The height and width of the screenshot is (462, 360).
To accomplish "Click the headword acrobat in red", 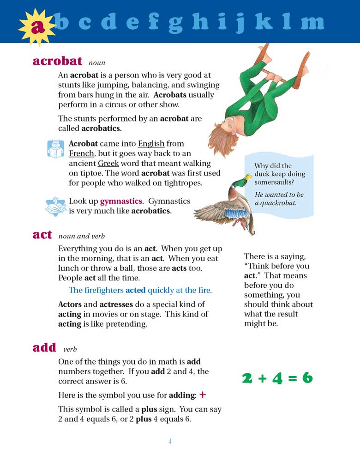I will coord(57,61).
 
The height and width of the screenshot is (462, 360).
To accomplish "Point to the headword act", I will coord(42,234).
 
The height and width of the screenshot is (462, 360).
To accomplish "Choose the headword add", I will coord(44,347).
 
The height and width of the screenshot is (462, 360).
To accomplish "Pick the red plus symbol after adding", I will coord(202,395).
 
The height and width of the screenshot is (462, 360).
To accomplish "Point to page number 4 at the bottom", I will coord(170,441).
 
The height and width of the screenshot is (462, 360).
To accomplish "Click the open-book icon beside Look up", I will coord(56,206).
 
